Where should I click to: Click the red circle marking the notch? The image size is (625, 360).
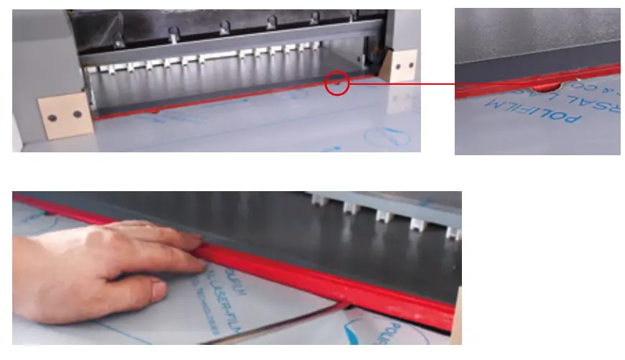(x=337, y=83)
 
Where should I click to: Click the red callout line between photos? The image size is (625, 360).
(x=402, y=83)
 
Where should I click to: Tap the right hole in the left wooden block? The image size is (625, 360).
(x=77, y=114)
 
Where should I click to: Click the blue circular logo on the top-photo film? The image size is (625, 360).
(x=386, y=137)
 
